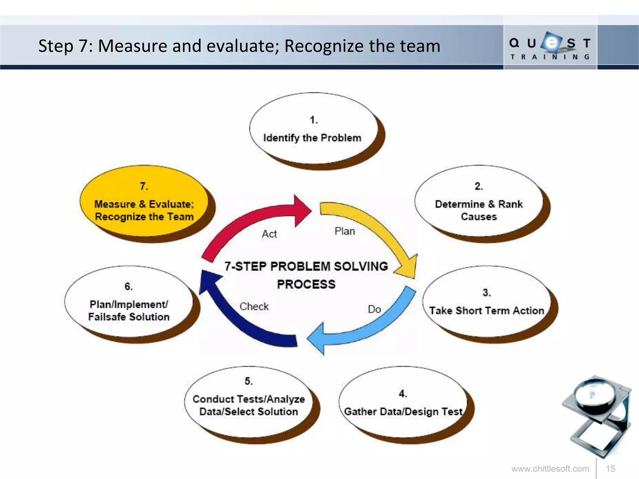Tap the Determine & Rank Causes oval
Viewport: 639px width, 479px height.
pyautogui.click(x=479, y=201)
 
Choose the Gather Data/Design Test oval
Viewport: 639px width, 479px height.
pyautogui.click(x=403, y=402)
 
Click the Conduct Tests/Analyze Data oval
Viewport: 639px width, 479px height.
pyautogui.click(x=249, y=402)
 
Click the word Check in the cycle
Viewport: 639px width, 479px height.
pyautogui.click(x=254, y=307)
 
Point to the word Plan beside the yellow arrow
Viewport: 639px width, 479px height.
pyautogui.click(x=345, y=231)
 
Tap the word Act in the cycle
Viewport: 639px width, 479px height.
pyautogui.click(x=269, y=234)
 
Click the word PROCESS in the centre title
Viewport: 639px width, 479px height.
pyautogui.click(x=306, y=284)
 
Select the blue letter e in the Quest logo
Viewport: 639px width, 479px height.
pyautogui.click(x=552, y=42)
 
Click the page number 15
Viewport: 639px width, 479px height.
pyautogui.click(x=610, y=469)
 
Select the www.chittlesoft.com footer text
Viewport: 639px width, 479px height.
pyautogui.click(x=550, y=469)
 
